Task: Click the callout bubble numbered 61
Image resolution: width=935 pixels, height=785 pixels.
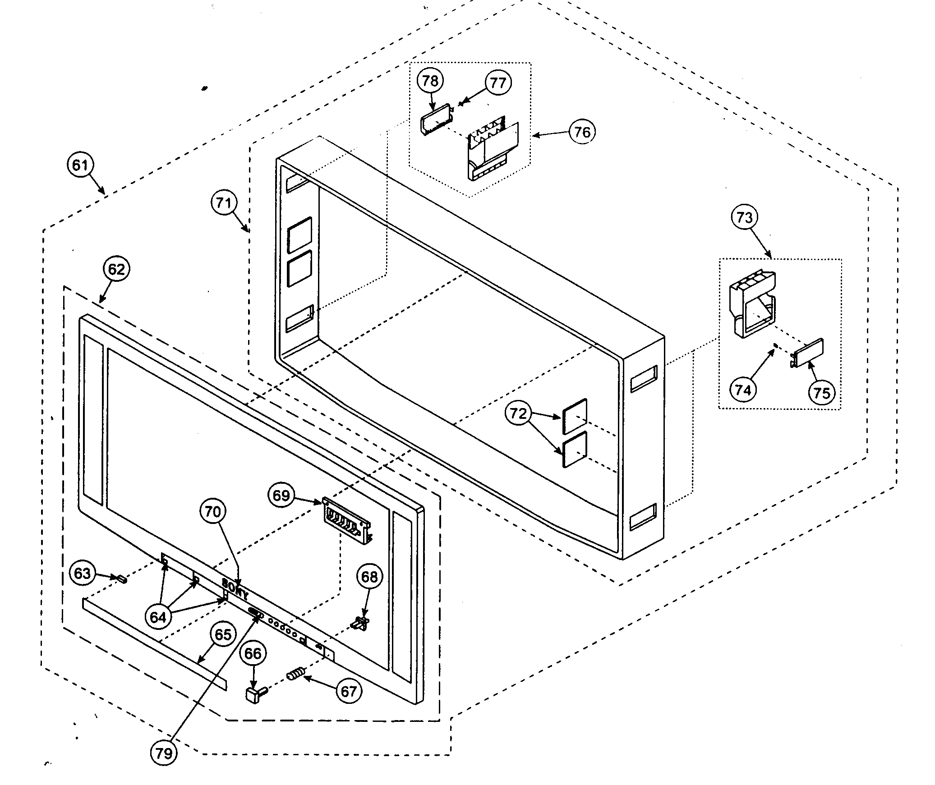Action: pos(80,165)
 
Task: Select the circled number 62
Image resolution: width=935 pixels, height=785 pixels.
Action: pos(116,269)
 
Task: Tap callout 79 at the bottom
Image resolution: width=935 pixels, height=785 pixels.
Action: pos(164,753)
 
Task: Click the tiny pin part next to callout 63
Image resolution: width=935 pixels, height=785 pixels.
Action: pos(121,579)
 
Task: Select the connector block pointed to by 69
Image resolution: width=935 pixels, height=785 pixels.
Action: pos(347,522)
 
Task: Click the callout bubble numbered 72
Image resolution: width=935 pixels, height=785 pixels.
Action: pos(518,413)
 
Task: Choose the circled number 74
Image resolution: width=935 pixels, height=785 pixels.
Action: pos(743,389)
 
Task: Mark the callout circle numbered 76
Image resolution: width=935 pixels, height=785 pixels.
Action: pos(582,132)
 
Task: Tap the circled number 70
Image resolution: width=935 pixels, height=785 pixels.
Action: pos(213,511)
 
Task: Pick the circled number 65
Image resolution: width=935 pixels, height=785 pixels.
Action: pos(223,635)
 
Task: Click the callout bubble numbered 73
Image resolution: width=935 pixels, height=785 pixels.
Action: pos(744,217)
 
